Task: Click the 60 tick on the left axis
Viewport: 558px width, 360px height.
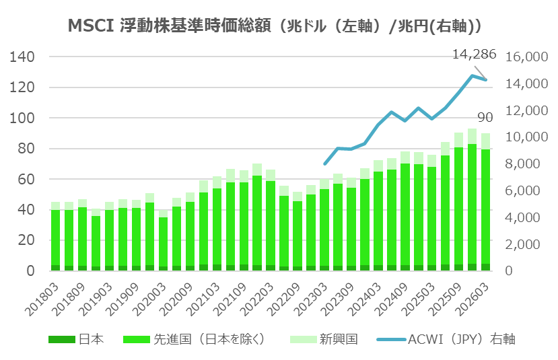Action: [27, 180]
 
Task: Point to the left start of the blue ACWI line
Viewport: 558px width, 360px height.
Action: [325, 164]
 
